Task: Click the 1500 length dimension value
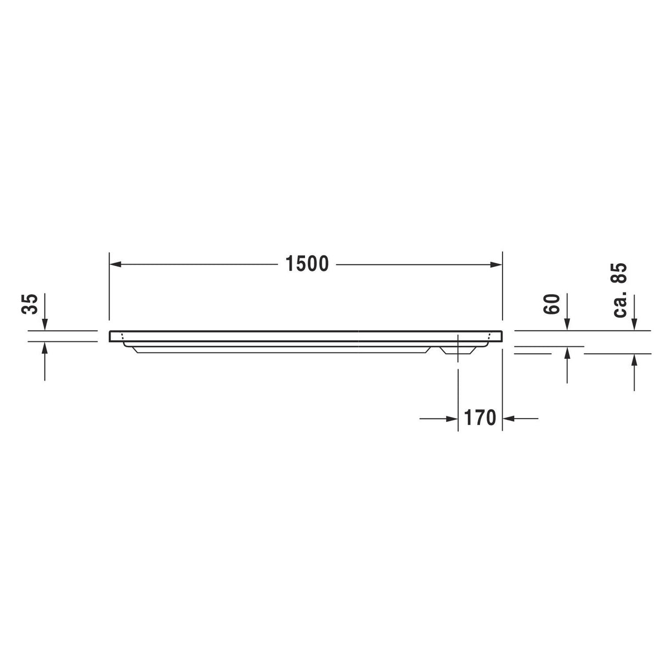307,264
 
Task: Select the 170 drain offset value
480,418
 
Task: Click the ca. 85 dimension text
619,290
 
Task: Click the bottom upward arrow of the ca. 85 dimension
635,360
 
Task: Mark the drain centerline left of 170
458,395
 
